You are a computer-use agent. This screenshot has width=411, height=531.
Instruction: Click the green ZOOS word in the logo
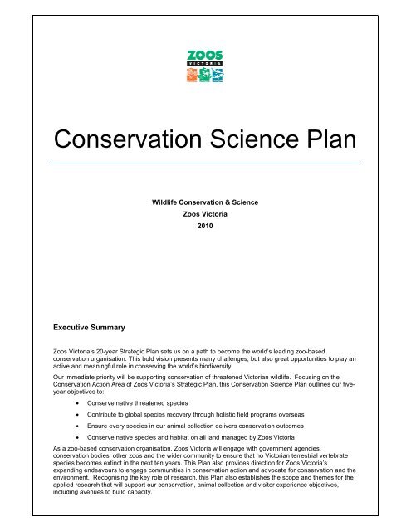205,56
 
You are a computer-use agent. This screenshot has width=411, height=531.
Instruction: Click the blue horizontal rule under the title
205,163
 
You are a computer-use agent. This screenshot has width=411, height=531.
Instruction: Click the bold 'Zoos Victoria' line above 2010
205,212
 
